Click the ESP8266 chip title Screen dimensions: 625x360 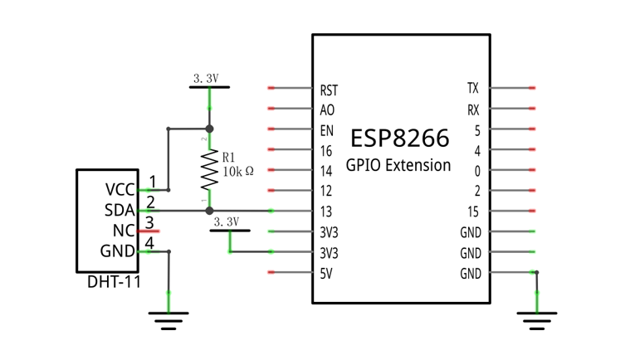(400, 138)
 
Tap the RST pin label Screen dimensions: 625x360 (329, 90)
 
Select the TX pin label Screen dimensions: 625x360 (473, 88)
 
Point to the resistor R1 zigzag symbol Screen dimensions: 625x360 (209, 170)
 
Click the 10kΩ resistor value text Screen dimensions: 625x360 (238, 172)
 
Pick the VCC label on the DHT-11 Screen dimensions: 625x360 (120, 190)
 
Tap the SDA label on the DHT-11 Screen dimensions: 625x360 (120, 210)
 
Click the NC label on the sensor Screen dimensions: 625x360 (124, 231)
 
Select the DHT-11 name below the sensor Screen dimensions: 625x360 (114, 282)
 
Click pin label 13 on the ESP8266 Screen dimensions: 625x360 (326, 212)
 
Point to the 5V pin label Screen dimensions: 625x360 (326, 274)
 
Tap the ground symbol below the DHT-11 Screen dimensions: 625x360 (168, 321)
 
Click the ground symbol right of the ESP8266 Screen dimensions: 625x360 (537, 321)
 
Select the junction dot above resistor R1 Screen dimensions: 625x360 (209, 129)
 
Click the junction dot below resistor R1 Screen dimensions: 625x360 (209, 211)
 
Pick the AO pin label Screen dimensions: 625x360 (327, 110)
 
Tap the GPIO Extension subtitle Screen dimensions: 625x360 (398, 165)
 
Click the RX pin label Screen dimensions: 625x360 (473, 110)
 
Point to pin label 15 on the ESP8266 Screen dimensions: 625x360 (473, 212)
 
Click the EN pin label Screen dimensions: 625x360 (327, 130)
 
